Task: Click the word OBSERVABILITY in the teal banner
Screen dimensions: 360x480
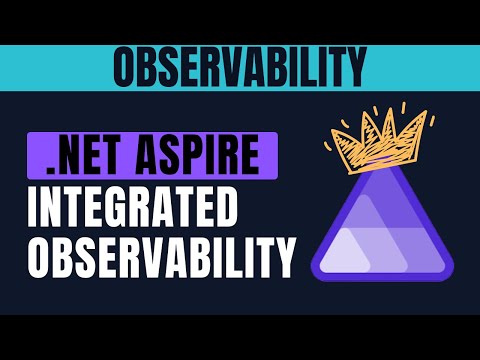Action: tap(238, 67)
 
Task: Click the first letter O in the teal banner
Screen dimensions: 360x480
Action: tap(126, 67)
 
